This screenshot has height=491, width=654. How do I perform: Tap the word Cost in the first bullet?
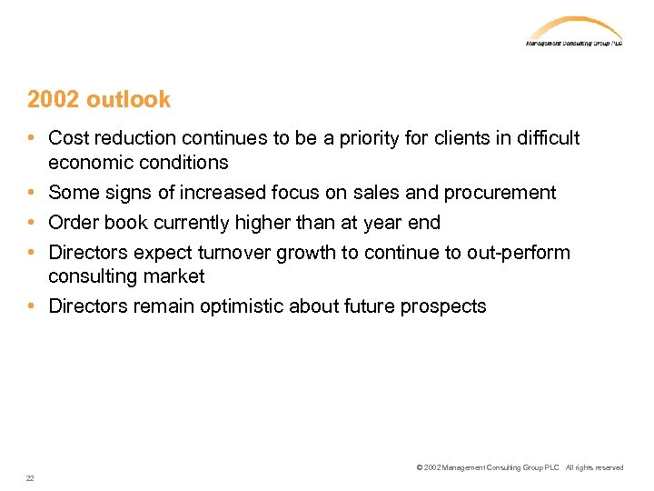(x=69, y=138)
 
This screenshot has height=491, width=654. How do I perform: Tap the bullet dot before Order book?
(x=32, y=223)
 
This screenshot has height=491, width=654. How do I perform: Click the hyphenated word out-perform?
(x=519, y=252)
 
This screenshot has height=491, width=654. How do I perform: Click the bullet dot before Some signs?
(x=32, y=193)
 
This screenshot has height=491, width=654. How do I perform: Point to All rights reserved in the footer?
(x=594, y=467)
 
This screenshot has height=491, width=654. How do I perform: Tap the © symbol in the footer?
(x=419, y=467)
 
